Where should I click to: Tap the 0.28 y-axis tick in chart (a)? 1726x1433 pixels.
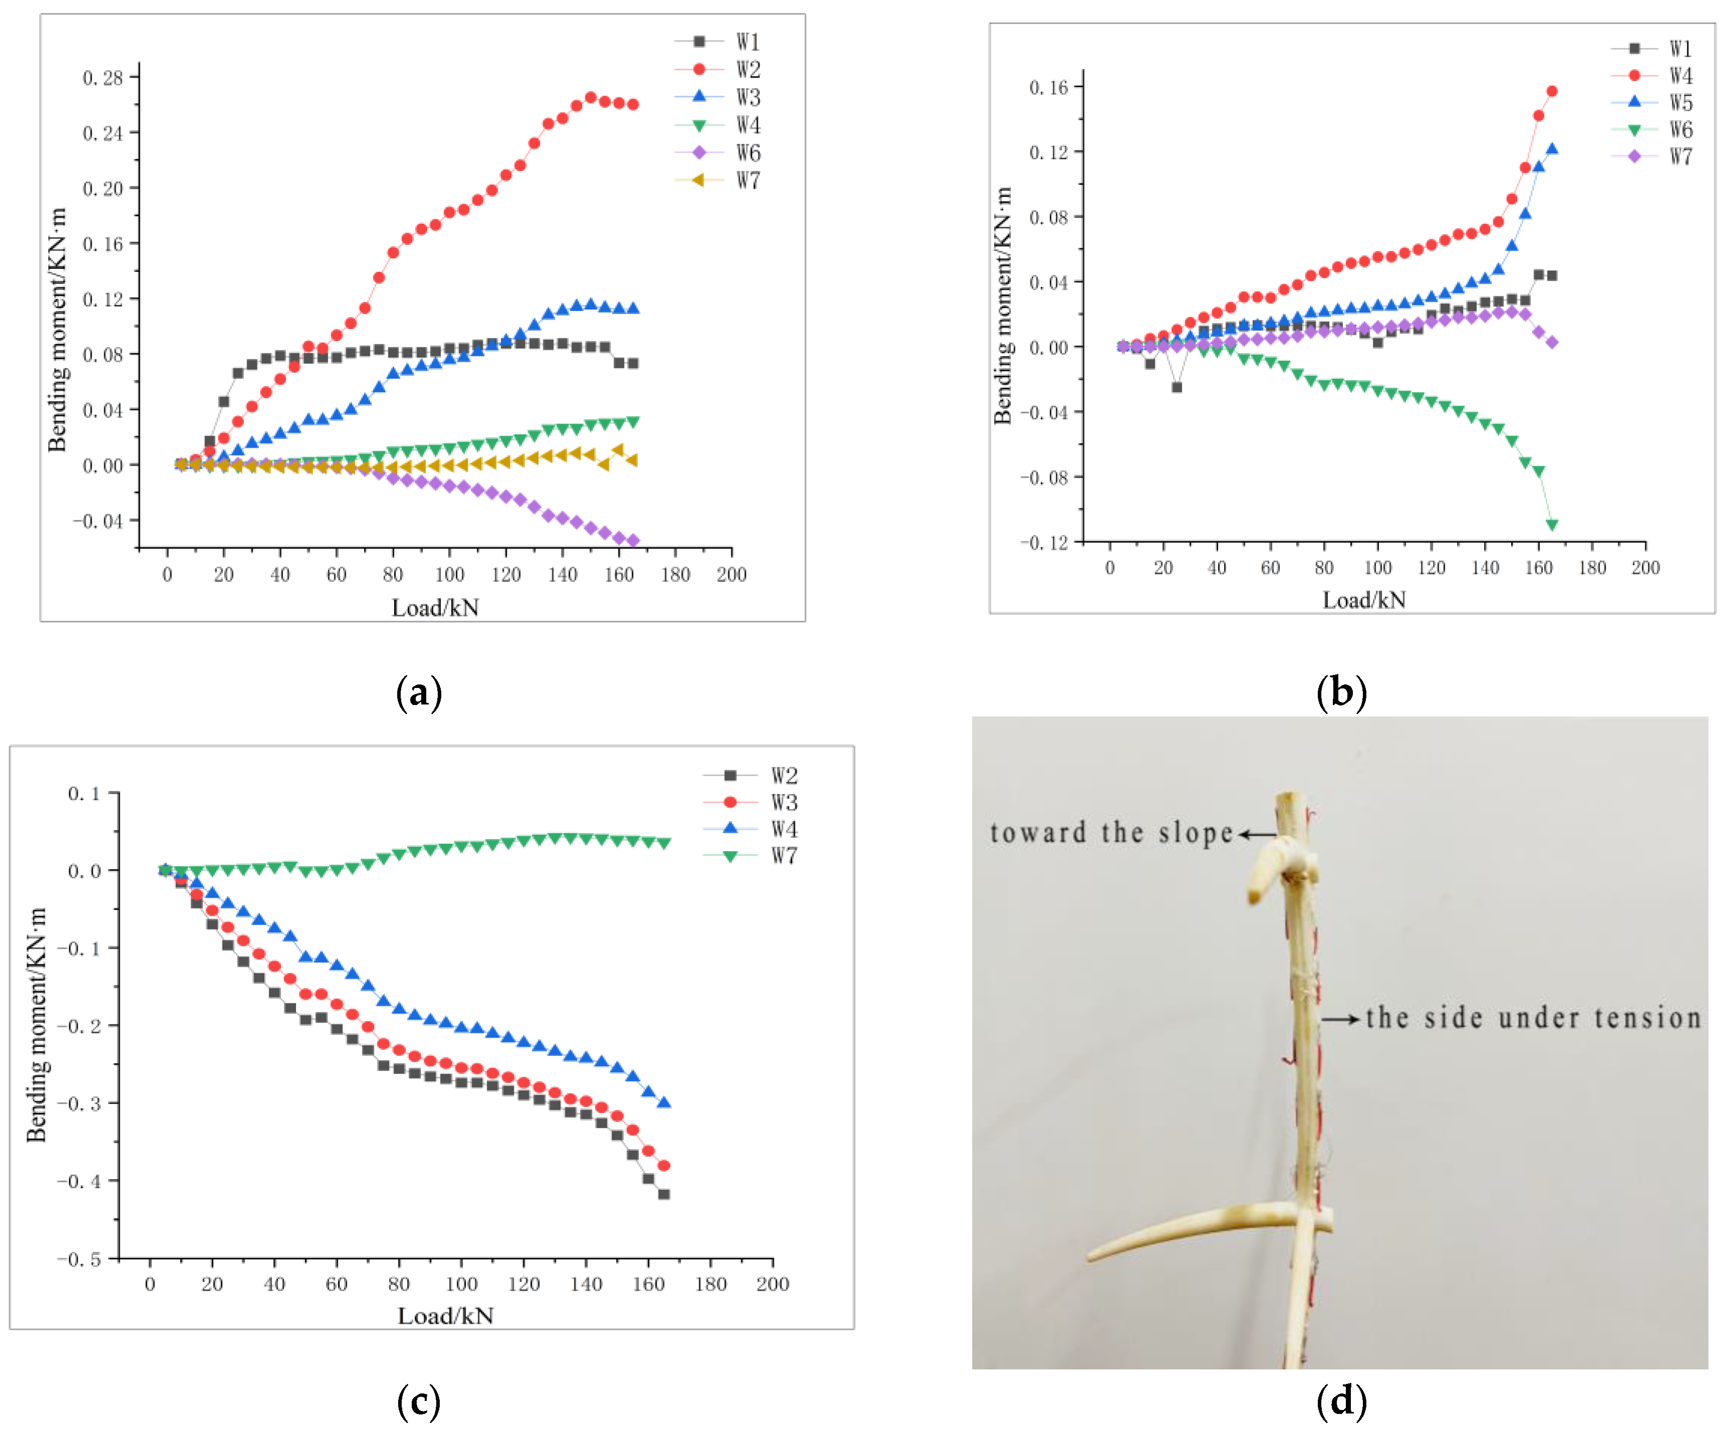point(103,78)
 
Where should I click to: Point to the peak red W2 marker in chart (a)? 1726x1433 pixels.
point(590,98)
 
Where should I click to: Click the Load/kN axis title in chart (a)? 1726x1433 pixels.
point(435,608)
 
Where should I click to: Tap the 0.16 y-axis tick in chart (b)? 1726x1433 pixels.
point(1048,87)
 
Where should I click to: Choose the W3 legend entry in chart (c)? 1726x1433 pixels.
point(752,802)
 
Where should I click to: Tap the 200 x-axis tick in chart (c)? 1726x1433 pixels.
point(772,1284)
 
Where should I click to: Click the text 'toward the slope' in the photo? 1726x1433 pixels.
point(1111,833)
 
